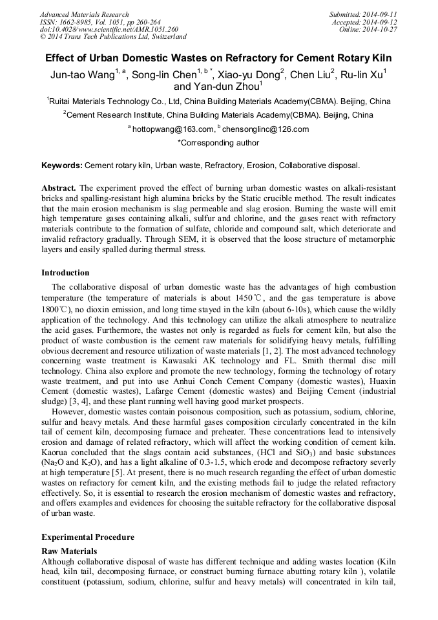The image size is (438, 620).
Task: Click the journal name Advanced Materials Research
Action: pyautogui.click(x=84, y=14)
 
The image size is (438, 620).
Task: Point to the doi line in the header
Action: pyautogui.click(x=109, y=29)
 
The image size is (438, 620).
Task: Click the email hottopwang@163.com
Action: pyautogui.click(x=173, y=129)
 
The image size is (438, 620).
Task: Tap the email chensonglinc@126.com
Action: pyautogui.click(x=256, y=129)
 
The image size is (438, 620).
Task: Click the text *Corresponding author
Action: pyautogui.click(x=218, y=143)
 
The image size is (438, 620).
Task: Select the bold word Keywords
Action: pyautogui.click(x=61, y=166)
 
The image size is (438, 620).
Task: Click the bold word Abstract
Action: pyautogui.click(x=59, y=187)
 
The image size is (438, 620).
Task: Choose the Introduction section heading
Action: pyautogui.click(x=65, y=273)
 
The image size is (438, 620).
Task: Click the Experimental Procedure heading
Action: pyautogui.click(x=88, y=537)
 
